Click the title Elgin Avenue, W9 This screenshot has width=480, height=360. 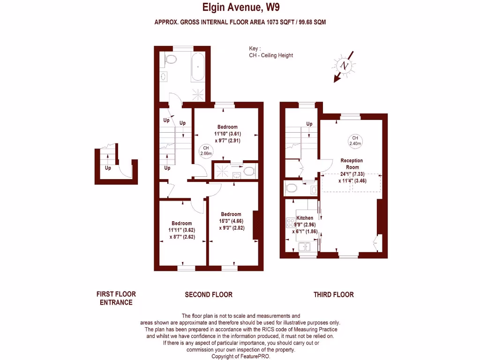[240, 7]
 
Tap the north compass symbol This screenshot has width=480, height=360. [345, 65]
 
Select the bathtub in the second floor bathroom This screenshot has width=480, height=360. [198, 67]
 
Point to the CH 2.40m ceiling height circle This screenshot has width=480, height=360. [355, 140]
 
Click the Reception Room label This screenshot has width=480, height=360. [352, 164]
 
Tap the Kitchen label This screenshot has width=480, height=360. [305, 218]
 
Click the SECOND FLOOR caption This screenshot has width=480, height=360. [209, 295]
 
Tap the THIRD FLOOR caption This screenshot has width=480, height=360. [333, 295]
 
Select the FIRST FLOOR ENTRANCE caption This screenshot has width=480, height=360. [116, 298]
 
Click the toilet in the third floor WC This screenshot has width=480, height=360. [292, 188]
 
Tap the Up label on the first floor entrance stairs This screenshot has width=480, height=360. [108, 168]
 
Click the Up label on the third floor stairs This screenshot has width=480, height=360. [309, 124]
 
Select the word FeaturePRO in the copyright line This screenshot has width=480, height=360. [255, 356]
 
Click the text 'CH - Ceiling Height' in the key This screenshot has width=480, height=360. [271, 55]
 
